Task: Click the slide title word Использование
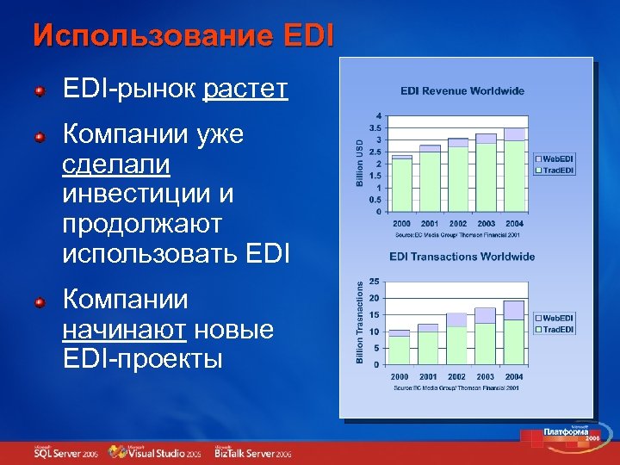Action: pos(139,36)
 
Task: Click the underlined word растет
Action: pos(245,90)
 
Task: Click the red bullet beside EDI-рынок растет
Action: pos(40,90)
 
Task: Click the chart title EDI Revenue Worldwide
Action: pos(462,91)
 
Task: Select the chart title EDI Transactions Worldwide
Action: pos(462,257)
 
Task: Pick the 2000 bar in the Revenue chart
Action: pos(401,183)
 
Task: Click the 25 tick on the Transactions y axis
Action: pos(375,282)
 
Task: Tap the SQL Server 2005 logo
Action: pos(65,453)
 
